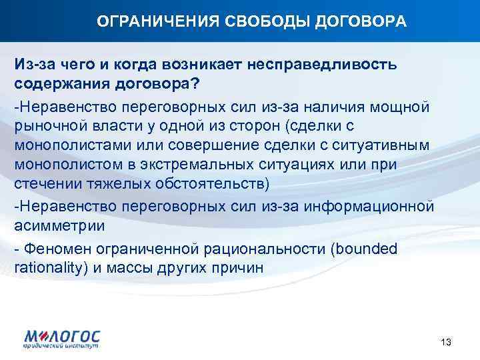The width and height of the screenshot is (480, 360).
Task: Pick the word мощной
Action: coord(404,107)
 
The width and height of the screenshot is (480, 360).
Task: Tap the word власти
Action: coord(117,126)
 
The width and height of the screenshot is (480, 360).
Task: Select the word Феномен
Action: coord(53,249)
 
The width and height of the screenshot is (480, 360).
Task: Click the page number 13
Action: coord(446,342)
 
